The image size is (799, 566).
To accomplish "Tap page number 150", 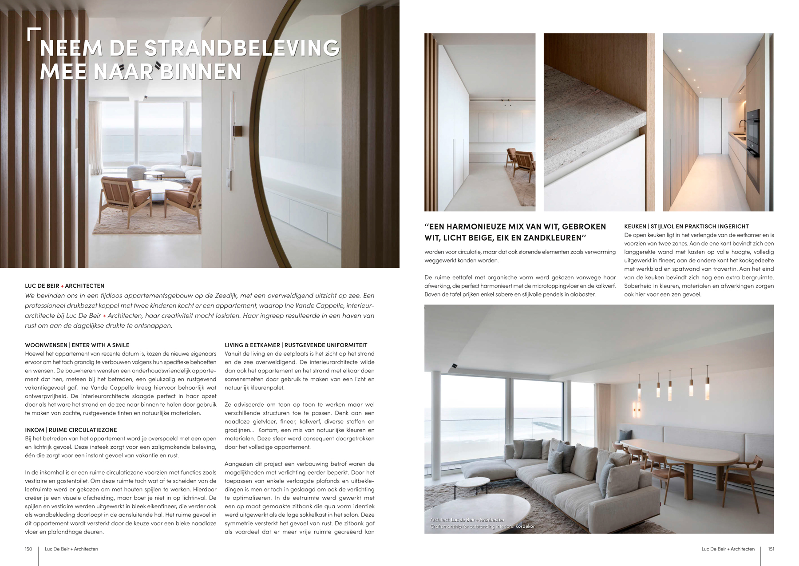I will (28, 549).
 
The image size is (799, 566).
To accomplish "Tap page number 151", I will (771, 549).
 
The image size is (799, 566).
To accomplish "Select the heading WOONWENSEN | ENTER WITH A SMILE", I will (77, 345).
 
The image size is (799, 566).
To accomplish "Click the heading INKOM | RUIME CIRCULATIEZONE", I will (71, 430).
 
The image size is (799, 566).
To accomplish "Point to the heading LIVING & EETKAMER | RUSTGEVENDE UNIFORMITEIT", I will (296, 345).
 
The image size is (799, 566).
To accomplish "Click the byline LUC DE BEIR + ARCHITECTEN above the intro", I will (65, 286).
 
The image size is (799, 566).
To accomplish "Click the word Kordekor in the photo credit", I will (525, 526).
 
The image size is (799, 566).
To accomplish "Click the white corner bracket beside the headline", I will (33, 34).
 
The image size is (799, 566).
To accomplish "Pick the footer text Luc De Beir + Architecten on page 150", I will (71, 549).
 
